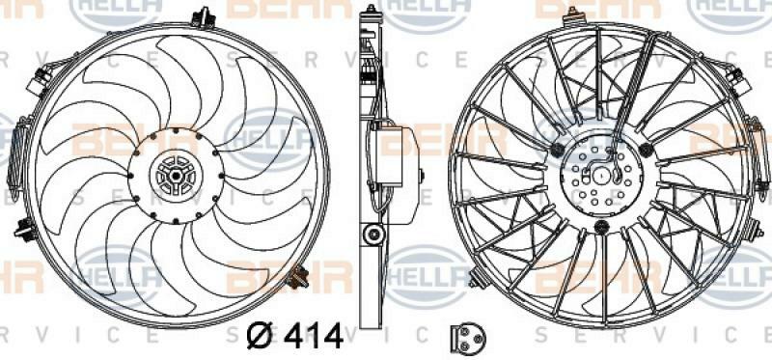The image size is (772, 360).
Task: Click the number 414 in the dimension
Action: tap(314, 336)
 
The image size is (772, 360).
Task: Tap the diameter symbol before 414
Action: tap(261, 336)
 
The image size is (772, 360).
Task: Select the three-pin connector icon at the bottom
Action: tap(468, 338)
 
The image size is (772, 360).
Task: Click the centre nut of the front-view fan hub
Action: tap(176, 176)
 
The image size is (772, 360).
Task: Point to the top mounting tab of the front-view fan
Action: tap(203, 18)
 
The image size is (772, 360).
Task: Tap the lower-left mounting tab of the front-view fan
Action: tap(26, 229)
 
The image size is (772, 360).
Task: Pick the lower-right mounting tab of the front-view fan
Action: tap(297, 276)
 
